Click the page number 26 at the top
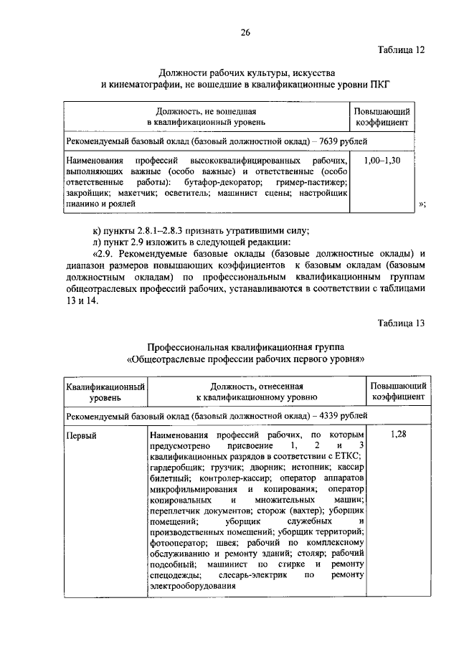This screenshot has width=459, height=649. coord(245,32)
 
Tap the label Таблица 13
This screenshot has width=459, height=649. coord(401,322)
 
